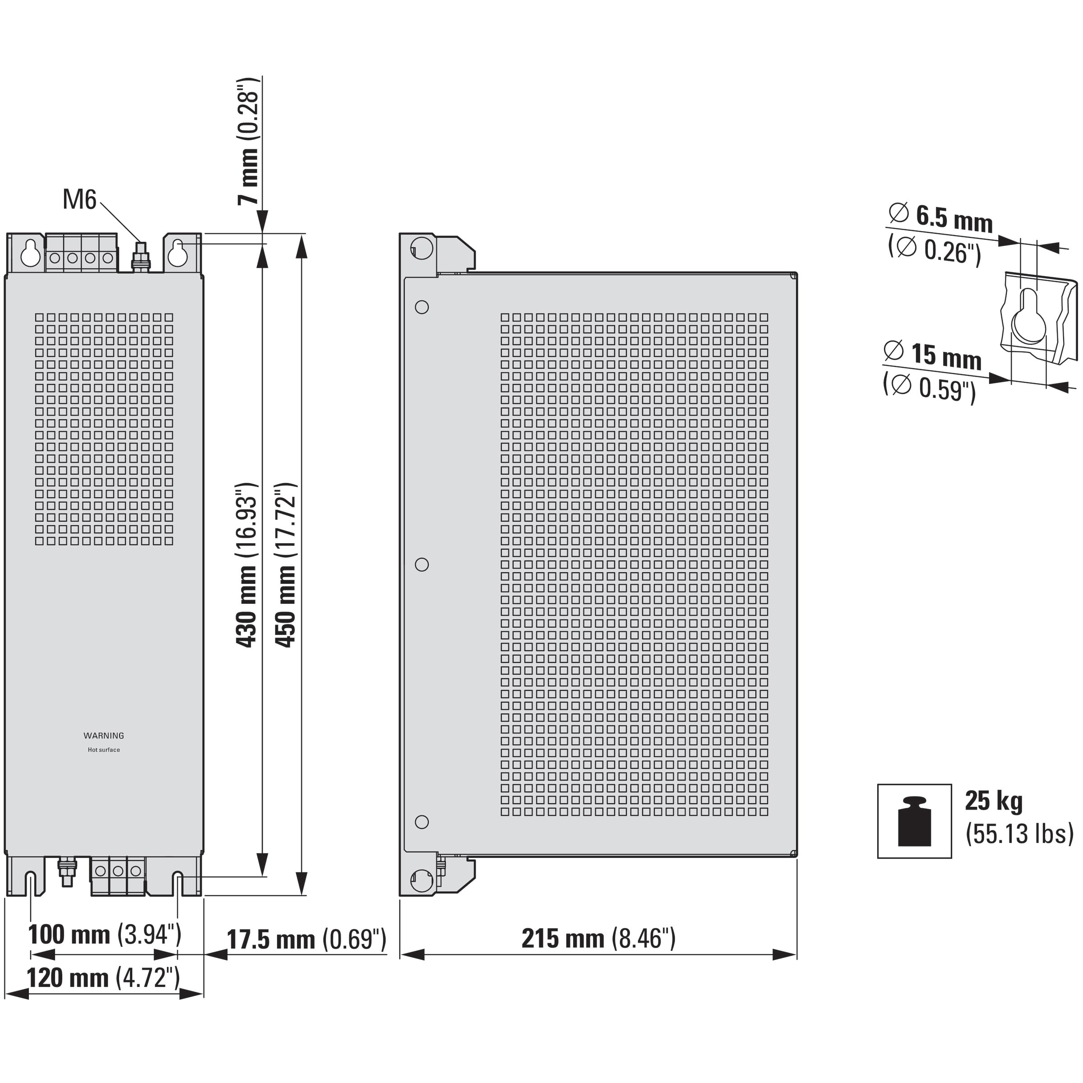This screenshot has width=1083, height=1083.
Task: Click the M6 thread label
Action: [x=79, y=199]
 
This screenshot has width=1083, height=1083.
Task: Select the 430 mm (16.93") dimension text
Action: [x=247, y=565]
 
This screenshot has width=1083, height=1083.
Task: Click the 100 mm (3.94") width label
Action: [x=105, y=935]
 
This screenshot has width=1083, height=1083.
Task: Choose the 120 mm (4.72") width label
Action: [x=104, y=978]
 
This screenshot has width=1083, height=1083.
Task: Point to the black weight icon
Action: [x=914, y=821]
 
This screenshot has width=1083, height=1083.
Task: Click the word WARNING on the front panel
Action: [x=104, y=736]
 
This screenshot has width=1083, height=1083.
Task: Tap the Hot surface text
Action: [x=104, y=750]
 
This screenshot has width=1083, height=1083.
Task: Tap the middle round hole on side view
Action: [x=421, y=565]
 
